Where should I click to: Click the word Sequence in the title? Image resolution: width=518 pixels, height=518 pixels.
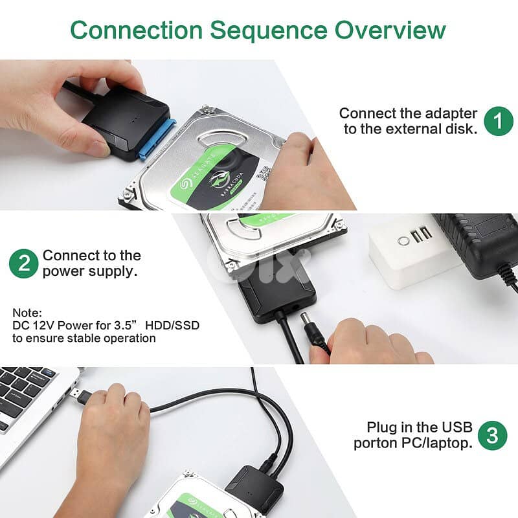269,31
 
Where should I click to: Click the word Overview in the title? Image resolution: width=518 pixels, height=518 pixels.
390,30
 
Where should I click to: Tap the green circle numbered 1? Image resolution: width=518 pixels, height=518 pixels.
499,121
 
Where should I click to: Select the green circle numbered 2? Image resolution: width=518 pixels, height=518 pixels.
24,264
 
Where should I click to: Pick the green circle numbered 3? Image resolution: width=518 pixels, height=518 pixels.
492,435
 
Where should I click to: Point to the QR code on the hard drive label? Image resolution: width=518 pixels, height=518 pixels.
264,172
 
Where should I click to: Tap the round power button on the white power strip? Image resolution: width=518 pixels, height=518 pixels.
403,241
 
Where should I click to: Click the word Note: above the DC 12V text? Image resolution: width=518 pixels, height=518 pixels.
27,313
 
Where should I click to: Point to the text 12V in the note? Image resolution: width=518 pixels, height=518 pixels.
43,326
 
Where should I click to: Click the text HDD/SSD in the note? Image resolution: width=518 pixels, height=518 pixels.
172,326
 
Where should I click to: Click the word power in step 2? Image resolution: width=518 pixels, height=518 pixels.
63,272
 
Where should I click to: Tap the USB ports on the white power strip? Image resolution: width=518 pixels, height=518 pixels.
421,234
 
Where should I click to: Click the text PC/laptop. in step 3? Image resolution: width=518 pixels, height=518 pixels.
436,443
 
